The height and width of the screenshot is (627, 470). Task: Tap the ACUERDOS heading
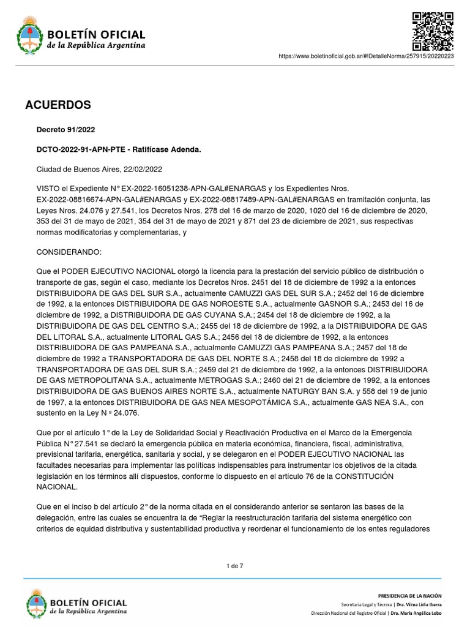pyautogui.click(x=58, y=105)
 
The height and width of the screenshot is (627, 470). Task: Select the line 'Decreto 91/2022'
pyautogui.click(x=66, y=130)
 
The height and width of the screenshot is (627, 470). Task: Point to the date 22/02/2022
pyautogui.click(x=143, y=169)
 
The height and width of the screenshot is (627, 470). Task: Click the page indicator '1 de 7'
pyautogui.click(x=235, y=566)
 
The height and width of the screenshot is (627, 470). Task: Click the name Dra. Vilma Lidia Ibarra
pyautogui.click(x=417, y=604)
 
